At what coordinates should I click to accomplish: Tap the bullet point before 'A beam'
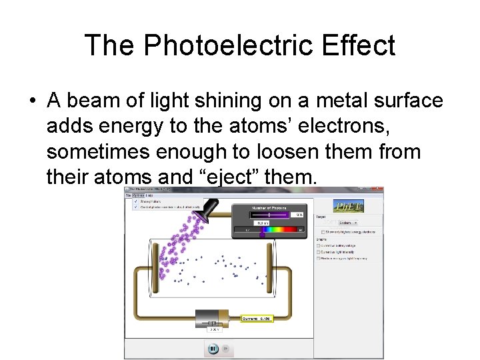(32, 101)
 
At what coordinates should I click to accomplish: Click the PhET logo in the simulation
(349, 207)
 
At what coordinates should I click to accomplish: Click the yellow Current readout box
(257, 319)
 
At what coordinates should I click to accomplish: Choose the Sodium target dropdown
(349, 223)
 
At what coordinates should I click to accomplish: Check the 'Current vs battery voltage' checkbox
(319, 246)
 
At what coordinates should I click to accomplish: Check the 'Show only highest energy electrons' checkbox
(323, 232)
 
